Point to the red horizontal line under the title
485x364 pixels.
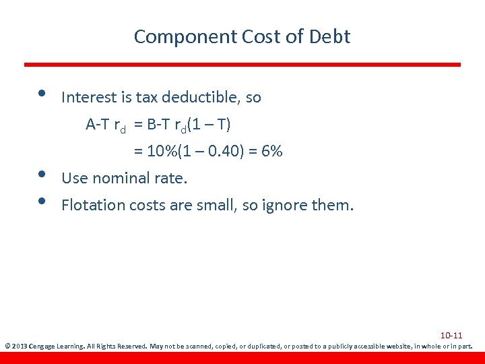(x=243, y=65)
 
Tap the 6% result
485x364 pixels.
(x=271, y=152)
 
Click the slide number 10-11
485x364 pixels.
(x=451, y=336)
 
